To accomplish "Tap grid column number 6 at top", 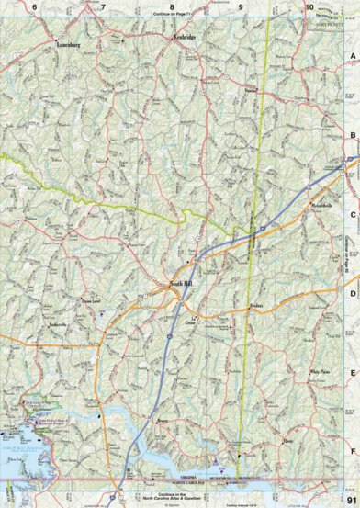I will (x=35, y=6).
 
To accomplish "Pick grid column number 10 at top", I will (x=309, y=6).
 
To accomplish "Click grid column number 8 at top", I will (x=172, y=6).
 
